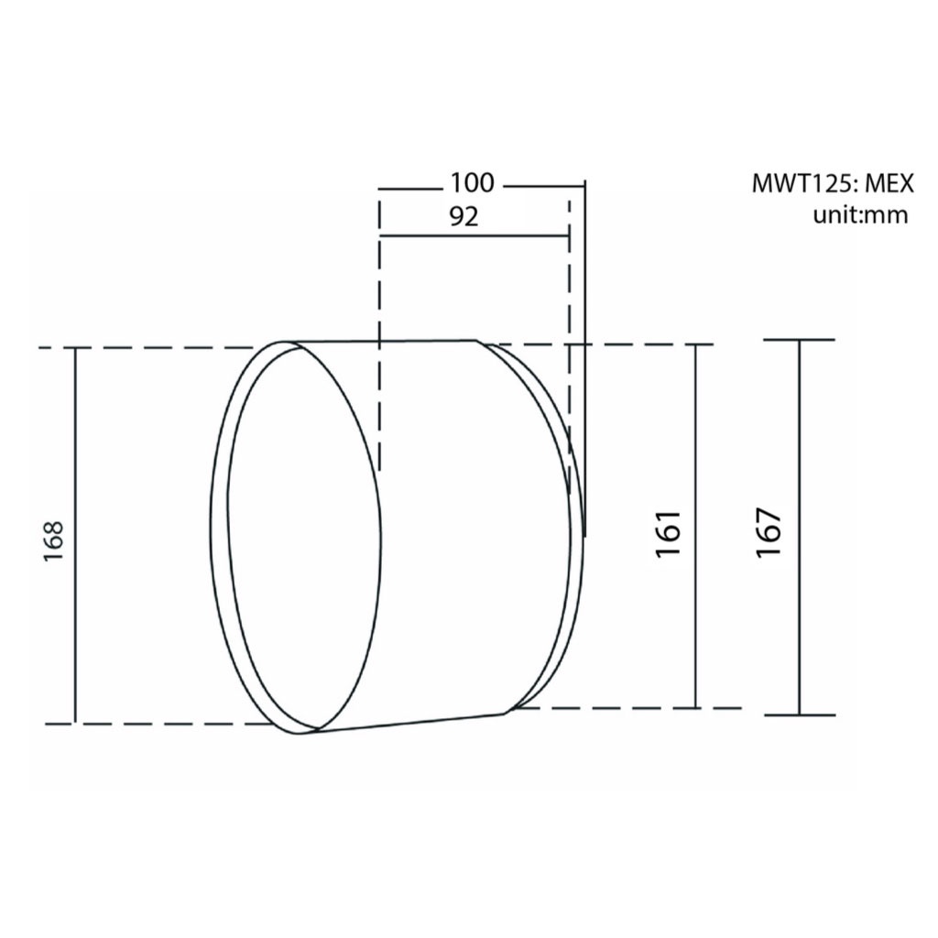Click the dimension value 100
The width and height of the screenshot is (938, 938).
472,182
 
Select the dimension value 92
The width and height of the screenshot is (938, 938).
464,217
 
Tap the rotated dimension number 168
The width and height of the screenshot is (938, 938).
54,540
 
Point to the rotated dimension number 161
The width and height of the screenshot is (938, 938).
668,534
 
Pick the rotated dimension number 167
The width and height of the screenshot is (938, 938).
769,533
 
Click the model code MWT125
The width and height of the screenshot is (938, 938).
804,183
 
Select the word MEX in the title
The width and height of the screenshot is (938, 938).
890,183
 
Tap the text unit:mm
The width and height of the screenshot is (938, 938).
860,214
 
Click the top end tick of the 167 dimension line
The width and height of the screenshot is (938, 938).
799,340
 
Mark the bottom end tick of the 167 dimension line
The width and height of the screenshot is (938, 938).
799,714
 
